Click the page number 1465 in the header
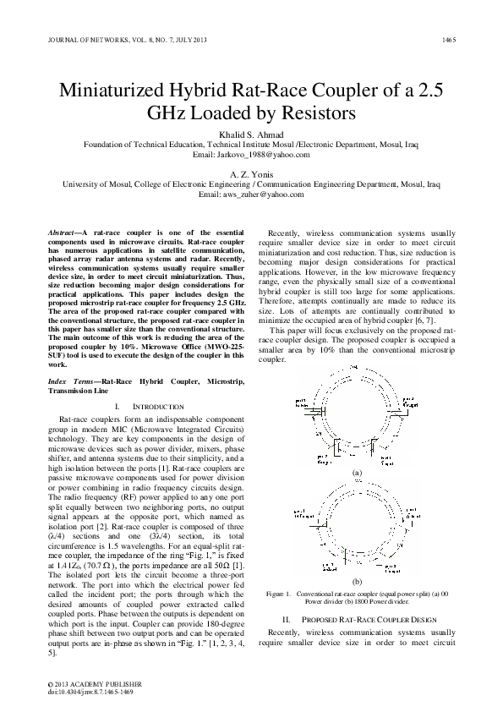coord(448,40)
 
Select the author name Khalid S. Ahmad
coord(251,134)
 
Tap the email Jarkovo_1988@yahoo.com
coord(251,155)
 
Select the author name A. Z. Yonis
coord(251,173)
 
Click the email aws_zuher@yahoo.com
coord(251,194)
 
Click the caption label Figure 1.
coord(279,593)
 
